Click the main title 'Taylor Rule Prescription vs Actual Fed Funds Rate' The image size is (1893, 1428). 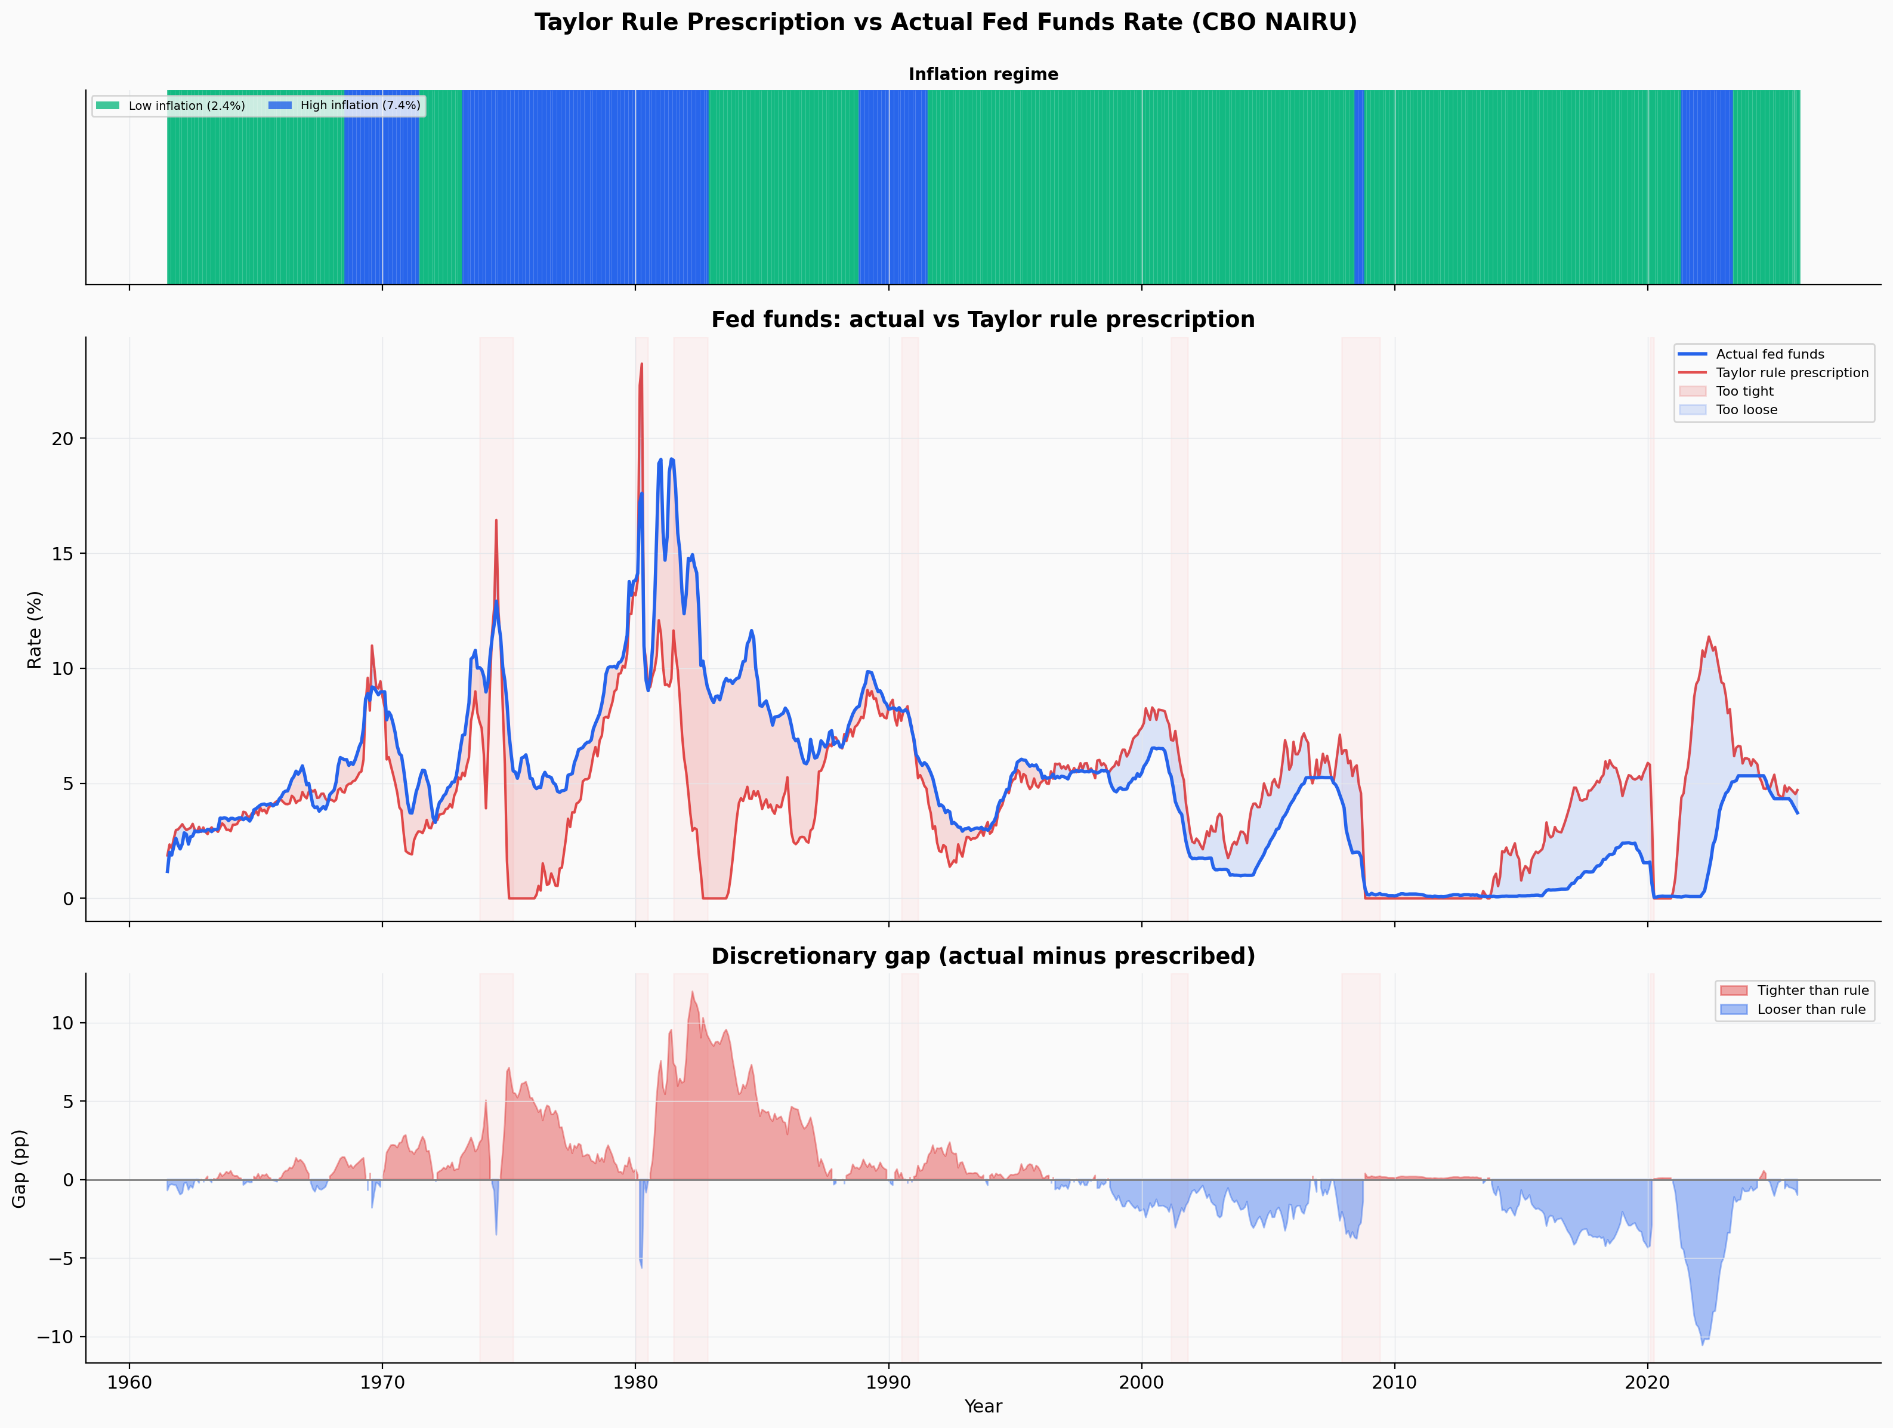(x=946, y=22)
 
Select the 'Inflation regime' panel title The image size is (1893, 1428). (x=983, y=75)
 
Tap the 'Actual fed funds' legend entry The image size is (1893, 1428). (x=1770, y=354)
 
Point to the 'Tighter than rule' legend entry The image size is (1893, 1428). (x=1812, y=991)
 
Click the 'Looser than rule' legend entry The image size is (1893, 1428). (x=1811, y=1009)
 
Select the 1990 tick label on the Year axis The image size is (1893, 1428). (x=888, y=1383)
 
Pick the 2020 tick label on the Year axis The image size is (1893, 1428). (x=1647, y=1383)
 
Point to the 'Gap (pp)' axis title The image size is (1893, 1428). (x=19, y=1168)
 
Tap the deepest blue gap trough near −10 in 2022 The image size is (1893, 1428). (x=1702, y=1343)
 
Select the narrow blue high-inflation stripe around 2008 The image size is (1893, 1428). (x=1359, y=187)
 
